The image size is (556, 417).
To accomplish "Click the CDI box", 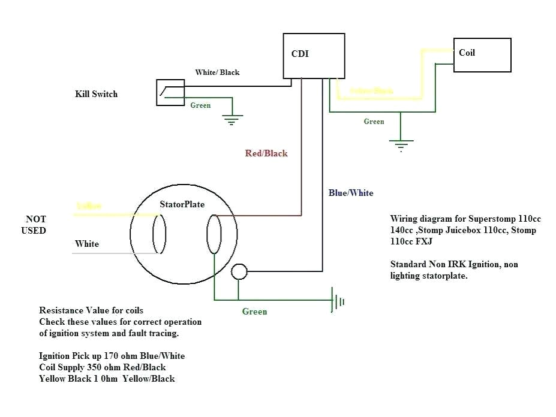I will (314, 56).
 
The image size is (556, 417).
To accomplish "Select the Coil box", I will (482, 55).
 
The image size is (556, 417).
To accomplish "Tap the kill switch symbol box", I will (170, 92).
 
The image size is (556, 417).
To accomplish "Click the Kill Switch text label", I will (96, 94).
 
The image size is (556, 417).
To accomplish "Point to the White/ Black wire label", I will (217, 72).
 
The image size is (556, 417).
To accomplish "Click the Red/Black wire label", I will (266, 153).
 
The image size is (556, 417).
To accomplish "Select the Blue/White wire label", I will (351, 193).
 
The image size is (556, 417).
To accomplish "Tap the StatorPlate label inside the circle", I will (182, 204).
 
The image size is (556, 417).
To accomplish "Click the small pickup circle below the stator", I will (239, 271).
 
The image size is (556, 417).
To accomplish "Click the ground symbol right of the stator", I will (338, 300).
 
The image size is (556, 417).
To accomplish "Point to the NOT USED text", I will (35, 225).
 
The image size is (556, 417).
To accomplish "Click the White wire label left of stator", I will (87, 244).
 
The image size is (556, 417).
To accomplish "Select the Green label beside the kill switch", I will (200, 105).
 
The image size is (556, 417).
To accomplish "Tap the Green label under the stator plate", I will (254, 312).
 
